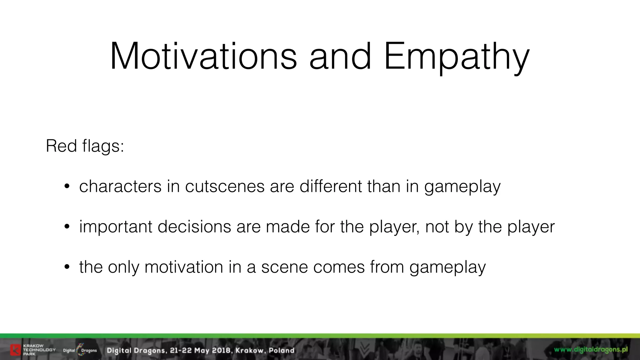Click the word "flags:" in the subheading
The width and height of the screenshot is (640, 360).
click(x=103, y=146)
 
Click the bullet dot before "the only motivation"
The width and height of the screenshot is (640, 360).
click(x=66, y=268)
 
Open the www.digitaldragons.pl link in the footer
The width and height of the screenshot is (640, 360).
click(x=591, y=349)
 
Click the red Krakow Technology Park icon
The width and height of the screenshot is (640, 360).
click(x=15, y=350)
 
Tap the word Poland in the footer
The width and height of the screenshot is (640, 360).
click(x=282, y=350)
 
